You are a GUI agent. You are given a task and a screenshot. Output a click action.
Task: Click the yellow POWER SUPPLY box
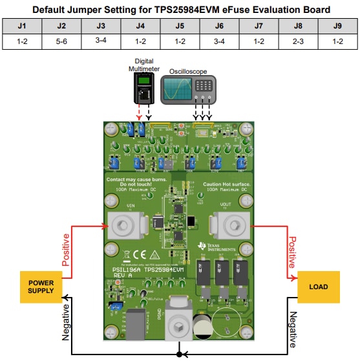tap(41, 287)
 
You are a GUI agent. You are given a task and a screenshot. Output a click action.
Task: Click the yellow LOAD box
tap(318, 287)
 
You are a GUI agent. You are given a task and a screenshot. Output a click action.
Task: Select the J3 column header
tap(100, 27)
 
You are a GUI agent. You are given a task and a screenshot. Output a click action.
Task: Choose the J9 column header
tap(337, 27)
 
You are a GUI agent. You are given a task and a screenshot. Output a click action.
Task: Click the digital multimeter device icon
tap(143, 88)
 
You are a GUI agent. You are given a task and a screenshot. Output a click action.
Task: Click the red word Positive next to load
tap(292, 252)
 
